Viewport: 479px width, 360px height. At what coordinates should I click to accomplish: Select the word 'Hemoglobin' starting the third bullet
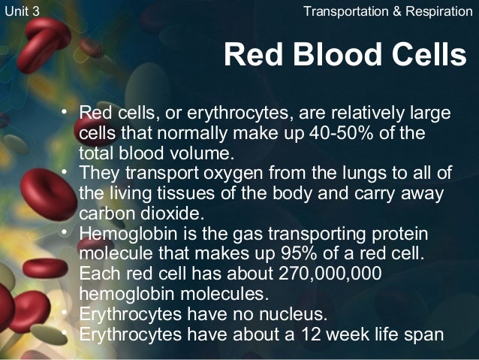(x=123, y=233)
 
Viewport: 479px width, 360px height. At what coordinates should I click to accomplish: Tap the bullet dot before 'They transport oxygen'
(x=66, y=173)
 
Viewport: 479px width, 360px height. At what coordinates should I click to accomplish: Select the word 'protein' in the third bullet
(x=415, y=233)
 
